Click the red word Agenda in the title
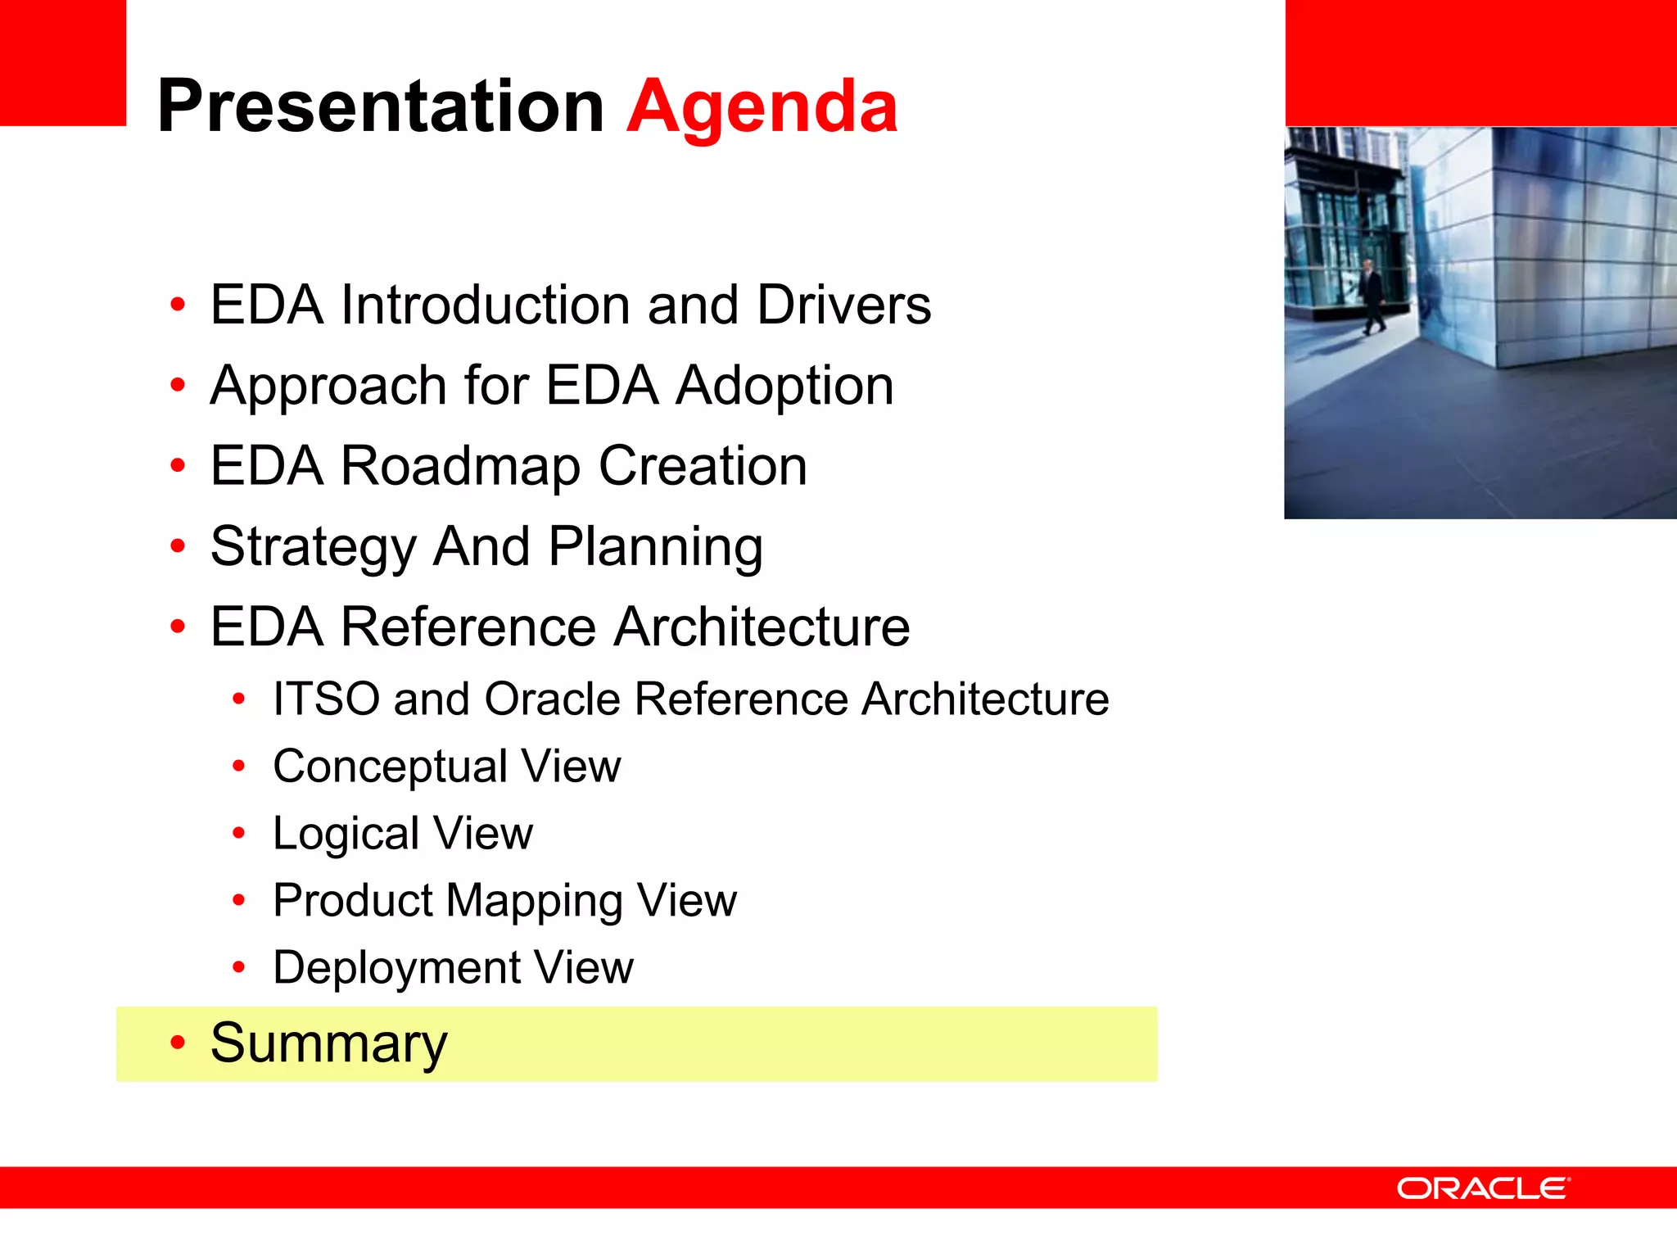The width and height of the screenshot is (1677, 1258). tap(762, 106)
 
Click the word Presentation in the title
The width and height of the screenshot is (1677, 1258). tap(381, 106)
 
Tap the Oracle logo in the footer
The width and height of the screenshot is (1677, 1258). tap(1483, 1188)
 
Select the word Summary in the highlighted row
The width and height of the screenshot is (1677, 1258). tap(328, 1043)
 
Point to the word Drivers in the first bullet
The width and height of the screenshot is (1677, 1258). tap(843, 305)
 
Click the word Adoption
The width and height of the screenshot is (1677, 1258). tap(784, 385)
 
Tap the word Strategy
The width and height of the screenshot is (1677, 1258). tap(313, 547)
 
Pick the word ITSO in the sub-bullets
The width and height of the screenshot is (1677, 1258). tap(326, 699)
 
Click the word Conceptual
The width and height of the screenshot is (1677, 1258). tap(390, 767)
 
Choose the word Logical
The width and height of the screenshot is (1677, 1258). tap(346, 834)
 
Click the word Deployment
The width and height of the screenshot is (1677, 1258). tap(396, 968)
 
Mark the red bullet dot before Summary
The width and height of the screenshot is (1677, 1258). tap(178, 1043)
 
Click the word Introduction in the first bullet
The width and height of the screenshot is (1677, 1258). tap(485, 305)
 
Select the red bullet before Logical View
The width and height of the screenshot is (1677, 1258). tap(238, 834)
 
